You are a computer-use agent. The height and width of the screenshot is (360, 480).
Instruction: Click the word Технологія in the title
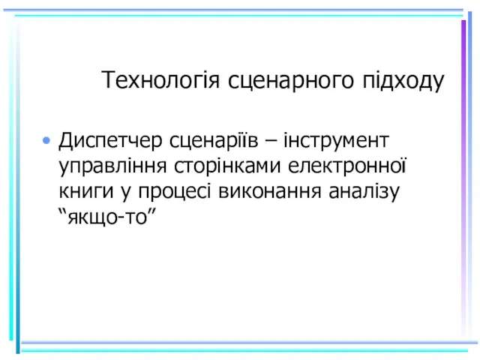160,79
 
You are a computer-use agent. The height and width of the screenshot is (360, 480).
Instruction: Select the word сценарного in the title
291,81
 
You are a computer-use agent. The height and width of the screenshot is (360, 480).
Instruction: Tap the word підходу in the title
403,81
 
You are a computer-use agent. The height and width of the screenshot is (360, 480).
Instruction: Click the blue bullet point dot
46,140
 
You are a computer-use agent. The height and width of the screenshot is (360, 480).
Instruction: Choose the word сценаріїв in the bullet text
214,140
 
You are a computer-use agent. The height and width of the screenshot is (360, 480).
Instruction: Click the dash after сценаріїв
271,142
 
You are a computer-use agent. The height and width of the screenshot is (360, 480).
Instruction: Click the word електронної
346,165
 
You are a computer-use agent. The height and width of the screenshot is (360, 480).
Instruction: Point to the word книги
86,192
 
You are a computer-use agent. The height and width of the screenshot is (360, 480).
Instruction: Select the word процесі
175,192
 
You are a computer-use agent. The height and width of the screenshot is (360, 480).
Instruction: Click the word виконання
270,191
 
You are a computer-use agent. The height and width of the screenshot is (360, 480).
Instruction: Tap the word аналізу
364,192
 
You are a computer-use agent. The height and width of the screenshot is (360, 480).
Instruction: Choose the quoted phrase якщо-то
107,217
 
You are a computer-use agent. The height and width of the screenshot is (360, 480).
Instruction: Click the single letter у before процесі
126,193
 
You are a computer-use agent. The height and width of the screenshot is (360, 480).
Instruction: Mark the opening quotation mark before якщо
63,211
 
